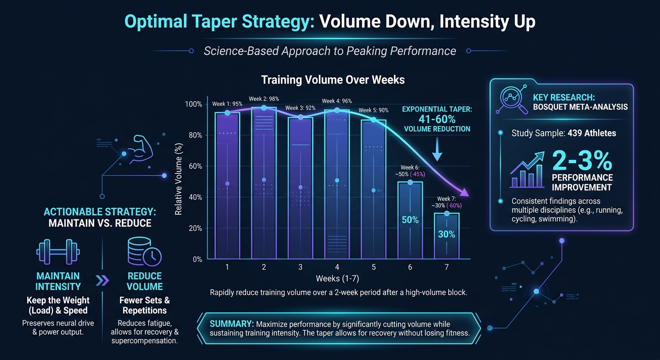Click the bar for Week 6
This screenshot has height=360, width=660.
pyautogui.click(x=410, y=220)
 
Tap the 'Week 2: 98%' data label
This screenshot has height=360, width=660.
pyautogui.click(x=264, y=99)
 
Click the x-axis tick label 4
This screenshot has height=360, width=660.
pyautogui.click(x=337, y=267)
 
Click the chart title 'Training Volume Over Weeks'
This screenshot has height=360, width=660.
pyautogui.click(x=333, y=80)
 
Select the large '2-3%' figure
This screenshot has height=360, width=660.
pyautogui.click(x=582, y=161)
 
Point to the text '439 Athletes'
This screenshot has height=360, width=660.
pyautogui.click(x=592, y=133)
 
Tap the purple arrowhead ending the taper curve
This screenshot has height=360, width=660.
pyautogui.click(x=464, y=192)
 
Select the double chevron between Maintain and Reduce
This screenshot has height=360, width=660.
pyautogui.click(x=102, y=281)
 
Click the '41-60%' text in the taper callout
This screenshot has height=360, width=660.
pyautogui.click(x=436, y=120)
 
